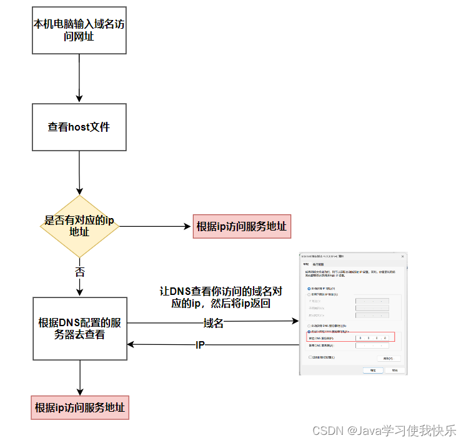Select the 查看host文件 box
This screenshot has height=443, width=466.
[79, 127]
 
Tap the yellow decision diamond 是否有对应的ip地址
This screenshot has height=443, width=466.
[79, 226]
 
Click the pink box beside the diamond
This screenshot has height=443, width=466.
[242, 226]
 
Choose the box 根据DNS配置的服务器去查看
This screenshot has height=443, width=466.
[79, 329]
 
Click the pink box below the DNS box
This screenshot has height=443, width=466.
[80, 408]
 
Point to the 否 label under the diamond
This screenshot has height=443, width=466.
[80, 272]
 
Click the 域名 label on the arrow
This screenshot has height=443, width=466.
[214, 322]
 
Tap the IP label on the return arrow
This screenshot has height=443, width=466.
[201, 344]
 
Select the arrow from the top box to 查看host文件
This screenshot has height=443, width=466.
[79, 78]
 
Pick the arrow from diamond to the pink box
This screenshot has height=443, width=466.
[156, 226]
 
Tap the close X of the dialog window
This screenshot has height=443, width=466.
[403, 256]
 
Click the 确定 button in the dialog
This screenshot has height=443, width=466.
[373, 370]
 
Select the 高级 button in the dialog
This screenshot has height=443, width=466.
[388, 358]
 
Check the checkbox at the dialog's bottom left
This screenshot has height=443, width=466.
[311, 357]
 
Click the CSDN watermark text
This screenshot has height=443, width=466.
[384, 431]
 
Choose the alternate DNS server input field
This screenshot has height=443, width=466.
[372, 346]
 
